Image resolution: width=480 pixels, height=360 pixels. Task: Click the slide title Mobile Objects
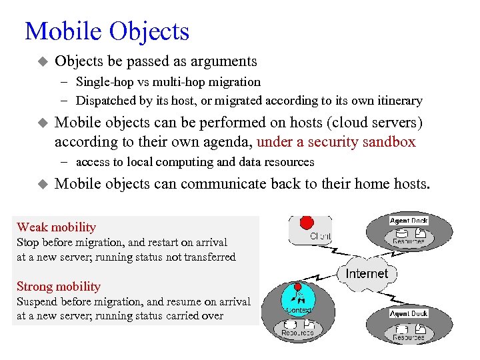[x=107, y=31]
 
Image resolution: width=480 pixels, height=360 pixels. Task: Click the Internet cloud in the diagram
[x=366, y=273]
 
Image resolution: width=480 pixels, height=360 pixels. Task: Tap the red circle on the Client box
[x=307, y=221]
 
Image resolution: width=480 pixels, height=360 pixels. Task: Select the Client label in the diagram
[x=320, y=236]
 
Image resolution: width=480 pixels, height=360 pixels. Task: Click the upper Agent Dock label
[x=409, y=220]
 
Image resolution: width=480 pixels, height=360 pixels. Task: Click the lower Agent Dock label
[x=409, y=313]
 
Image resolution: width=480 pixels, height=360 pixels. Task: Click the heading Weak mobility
[x=56, y=227]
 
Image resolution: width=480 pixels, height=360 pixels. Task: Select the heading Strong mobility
[x=59, y=287]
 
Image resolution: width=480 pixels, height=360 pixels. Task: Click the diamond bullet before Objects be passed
[x=41, y=61]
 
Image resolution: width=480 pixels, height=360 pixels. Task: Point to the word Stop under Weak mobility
[x=27, y=243]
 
